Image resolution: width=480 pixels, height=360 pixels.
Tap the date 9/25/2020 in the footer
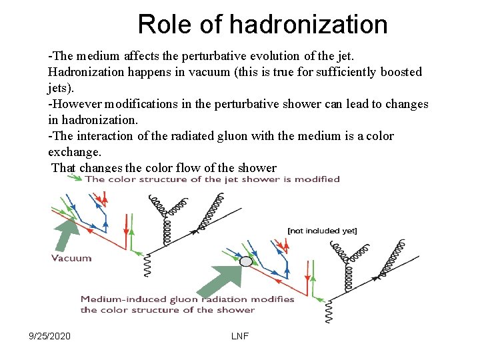pos(49,336)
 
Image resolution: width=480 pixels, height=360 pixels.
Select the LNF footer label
pos(240,336)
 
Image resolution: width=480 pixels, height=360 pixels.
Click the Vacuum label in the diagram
pos(71,258)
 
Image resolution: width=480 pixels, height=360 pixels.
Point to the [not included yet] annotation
pos(322,231)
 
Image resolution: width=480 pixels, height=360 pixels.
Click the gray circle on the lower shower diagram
pos(247,261)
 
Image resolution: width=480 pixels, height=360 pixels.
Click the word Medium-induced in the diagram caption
pos(121,299)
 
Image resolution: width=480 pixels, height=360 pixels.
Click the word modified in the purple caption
pos(319,179)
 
